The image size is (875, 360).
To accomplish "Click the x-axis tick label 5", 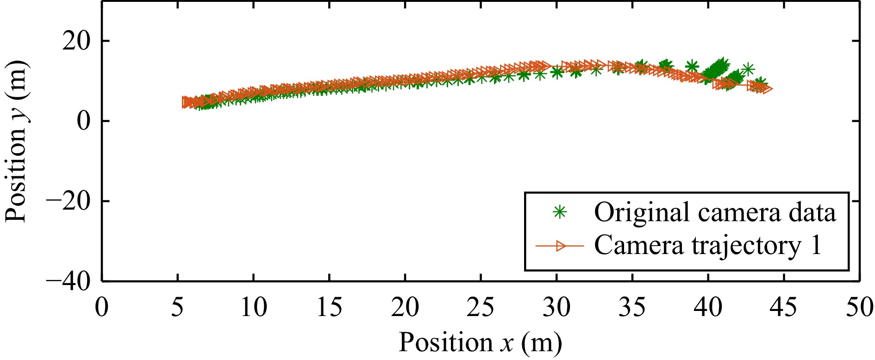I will [x=177, y=308].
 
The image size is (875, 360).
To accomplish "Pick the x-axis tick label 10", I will [x=253, y=308].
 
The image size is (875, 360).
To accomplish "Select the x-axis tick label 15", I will [x=329, y=308].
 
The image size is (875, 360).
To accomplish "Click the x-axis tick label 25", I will [x=481, y=308].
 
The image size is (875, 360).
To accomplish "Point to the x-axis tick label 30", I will [x=556, y=308].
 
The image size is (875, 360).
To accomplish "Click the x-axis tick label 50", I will [x=859, y=308].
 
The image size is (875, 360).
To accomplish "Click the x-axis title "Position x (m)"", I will [x=481, y=343].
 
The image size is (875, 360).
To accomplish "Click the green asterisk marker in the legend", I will [x=560, y=212].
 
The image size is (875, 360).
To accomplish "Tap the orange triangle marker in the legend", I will [x=561, y=246].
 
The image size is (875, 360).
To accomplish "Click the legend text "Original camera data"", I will [x=715, y=213].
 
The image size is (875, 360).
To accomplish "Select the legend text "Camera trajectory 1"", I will [x=708, y=246].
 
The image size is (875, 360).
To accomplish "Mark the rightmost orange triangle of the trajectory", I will [x=766, y=89].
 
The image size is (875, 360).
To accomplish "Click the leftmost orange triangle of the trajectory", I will [x=187, y=102].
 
